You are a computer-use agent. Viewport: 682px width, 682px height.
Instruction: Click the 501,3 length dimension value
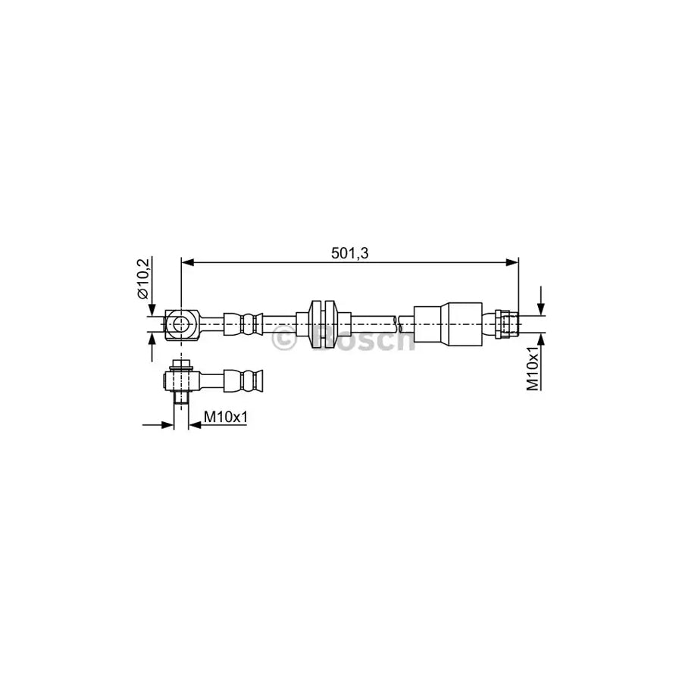point(349,254)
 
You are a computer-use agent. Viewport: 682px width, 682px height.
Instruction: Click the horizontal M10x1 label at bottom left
point(227,416)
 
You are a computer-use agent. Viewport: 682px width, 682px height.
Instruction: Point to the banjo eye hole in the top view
point(180,324)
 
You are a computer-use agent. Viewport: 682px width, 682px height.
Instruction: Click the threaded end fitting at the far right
point(506,324)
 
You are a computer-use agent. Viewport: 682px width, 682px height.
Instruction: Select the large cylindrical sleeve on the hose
point(447,324)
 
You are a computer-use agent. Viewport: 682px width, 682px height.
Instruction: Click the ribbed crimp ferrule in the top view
point(246,324)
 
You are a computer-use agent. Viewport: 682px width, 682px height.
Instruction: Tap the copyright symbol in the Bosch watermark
point(283,340)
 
